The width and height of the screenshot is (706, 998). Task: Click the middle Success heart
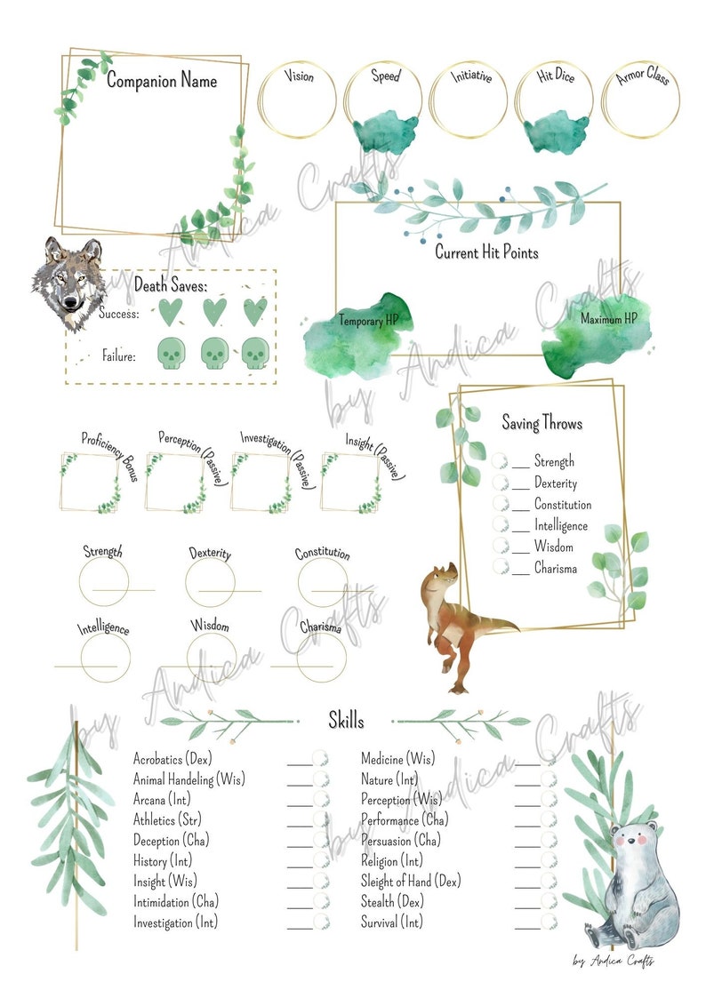tap(214, 312)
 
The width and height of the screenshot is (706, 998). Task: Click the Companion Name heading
tap(162, 82)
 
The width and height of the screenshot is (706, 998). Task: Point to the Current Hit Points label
tap(486, 252)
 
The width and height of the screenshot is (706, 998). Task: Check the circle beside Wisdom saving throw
tap(501, 547)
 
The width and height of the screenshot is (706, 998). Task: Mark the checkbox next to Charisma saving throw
tap(501, 568)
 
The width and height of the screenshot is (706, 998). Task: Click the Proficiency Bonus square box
tap(90, 482)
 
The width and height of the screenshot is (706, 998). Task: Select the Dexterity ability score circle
tap(210, 582)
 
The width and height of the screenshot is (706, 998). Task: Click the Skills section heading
tap(346, 720)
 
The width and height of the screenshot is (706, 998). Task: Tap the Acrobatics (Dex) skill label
tap(172, 759)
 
